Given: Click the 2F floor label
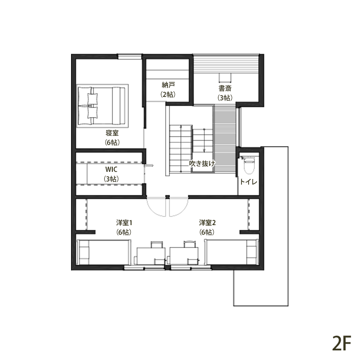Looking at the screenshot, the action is click(x=342, y=343).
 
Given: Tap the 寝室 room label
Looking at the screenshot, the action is click(x=112, y=133).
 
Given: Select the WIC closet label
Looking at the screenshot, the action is click(x=111, y=169).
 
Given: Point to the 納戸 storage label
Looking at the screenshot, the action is click(x=168, y=85).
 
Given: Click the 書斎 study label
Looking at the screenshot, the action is click(x=225, y=88).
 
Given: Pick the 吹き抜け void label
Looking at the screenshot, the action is click(x=202, y=163).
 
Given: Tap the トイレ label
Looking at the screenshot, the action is click(x=249, y=182).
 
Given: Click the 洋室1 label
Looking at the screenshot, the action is click(x=124, y=223).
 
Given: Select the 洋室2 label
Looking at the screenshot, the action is click(x=207, y=223).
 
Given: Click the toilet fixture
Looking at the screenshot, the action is click(x=249, y=165).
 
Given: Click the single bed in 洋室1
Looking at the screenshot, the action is click(x=104, y=252).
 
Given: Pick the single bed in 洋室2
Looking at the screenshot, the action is click(x=231, y=252).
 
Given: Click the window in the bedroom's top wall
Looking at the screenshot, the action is click(x=130, y=57).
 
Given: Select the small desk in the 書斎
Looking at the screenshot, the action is click(x=225, y=78).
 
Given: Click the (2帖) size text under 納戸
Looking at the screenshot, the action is click(x=168, y=95).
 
